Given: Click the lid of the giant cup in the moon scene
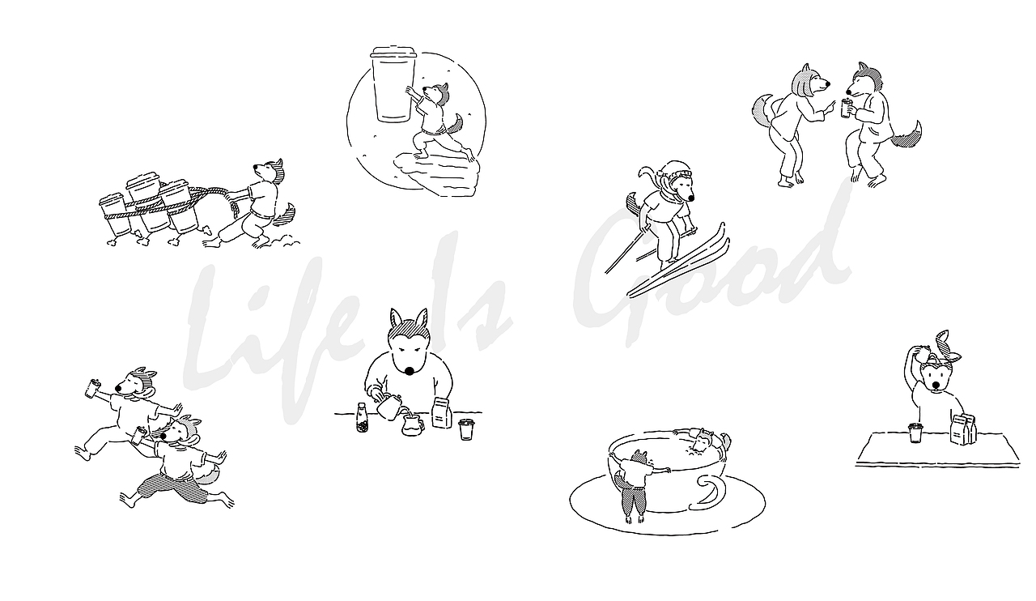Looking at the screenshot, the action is click(393, 51).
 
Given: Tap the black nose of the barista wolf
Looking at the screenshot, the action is click(409, 370).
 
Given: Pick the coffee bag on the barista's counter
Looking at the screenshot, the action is click(442, 413).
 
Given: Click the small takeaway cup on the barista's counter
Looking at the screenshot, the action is click(466, 429).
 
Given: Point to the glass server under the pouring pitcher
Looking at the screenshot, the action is click(413, 425).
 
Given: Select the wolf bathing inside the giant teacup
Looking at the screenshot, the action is click(701, 443).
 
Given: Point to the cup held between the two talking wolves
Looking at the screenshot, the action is click(847, 108).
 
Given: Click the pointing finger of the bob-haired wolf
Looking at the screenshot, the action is click(831, 105).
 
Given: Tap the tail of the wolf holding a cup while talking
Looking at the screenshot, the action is click(906, 134).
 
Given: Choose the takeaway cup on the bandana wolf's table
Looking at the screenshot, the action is click(915, 433).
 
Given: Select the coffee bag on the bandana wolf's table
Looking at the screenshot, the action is click(963, 429).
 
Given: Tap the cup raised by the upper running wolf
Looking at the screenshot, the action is click(93, 388).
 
